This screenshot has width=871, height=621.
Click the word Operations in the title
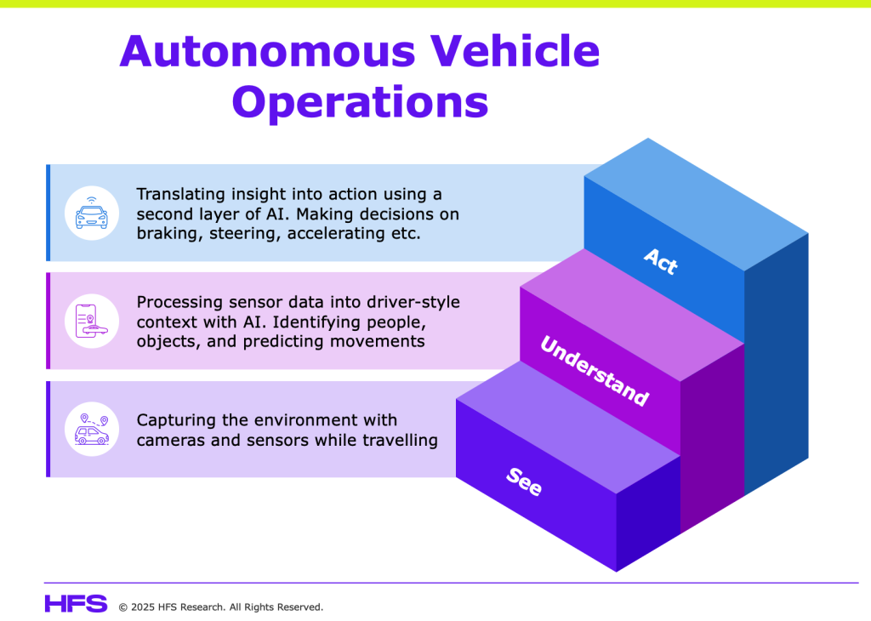click(360, 103)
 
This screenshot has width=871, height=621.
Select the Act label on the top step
click(661, 261)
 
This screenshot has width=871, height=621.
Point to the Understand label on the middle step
click(595, 371)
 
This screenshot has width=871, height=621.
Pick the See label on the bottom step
click(525, 481)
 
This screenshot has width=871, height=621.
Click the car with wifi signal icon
click(92, 213)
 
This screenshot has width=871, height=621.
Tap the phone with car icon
click(92, 322)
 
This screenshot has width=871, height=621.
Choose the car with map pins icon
click(92, 429)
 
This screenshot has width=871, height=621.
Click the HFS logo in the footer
click(76, 604)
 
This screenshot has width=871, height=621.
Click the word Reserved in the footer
click(299, 607)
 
